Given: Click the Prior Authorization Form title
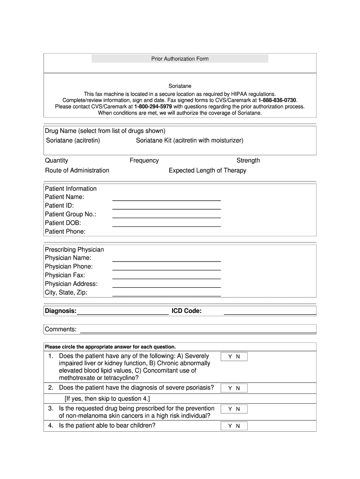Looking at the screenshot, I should [x=180, y=59].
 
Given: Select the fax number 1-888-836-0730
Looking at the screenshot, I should [x=277, y=100].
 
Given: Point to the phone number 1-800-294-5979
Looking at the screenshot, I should [x=153, y=107].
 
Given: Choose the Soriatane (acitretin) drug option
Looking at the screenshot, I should [x=73, y=140].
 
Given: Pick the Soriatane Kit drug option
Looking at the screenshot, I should [x=189, y=140].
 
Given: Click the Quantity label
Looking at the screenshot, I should [x=57, y=160].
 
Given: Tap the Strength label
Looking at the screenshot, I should [x=248, y=160].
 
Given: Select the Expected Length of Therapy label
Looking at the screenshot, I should [x=207, y=170].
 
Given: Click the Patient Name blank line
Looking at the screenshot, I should [x=166, y=198].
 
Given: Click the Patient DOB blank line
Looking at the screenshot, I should [x=166, y=225].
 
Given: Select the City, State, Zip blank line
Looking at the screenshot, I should [x=166, y=294].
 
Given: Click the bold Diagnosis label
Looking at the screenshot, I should [x=61, y=311].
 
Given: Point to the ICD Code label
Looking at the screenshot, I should [x=187, y=311].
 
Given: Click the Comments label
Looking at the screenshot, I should [x=61, y=329].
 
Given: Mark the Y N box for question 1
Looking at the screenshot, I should [x=234, y=357].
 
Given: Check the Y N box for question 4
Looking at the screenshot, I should [x=234, y=426].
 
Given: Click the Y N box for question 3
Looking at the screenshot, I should [x=234, y=409].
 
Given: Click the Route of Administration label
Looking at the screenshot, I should [x=77, y=170].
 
